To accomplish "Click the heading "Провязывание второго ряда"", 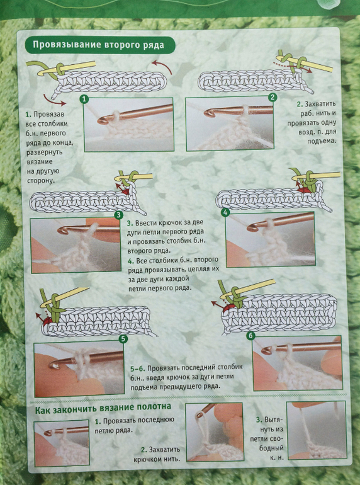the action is (98, 45).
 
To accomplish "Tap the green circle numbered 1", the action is (84, 100).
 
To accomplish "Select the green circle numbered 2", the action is (273, 98).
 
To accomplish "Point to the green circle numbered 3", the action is (119, 215).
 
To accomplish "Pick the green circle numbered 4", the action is (226, 212).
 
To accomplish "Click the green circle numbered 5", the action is (123, 339).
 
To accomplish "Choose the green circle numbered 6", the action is (250, 335).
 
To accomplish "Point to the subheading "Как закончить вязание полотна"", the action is (103, 406).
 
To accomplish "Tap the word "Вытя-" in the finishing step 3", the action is (271, 420).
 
